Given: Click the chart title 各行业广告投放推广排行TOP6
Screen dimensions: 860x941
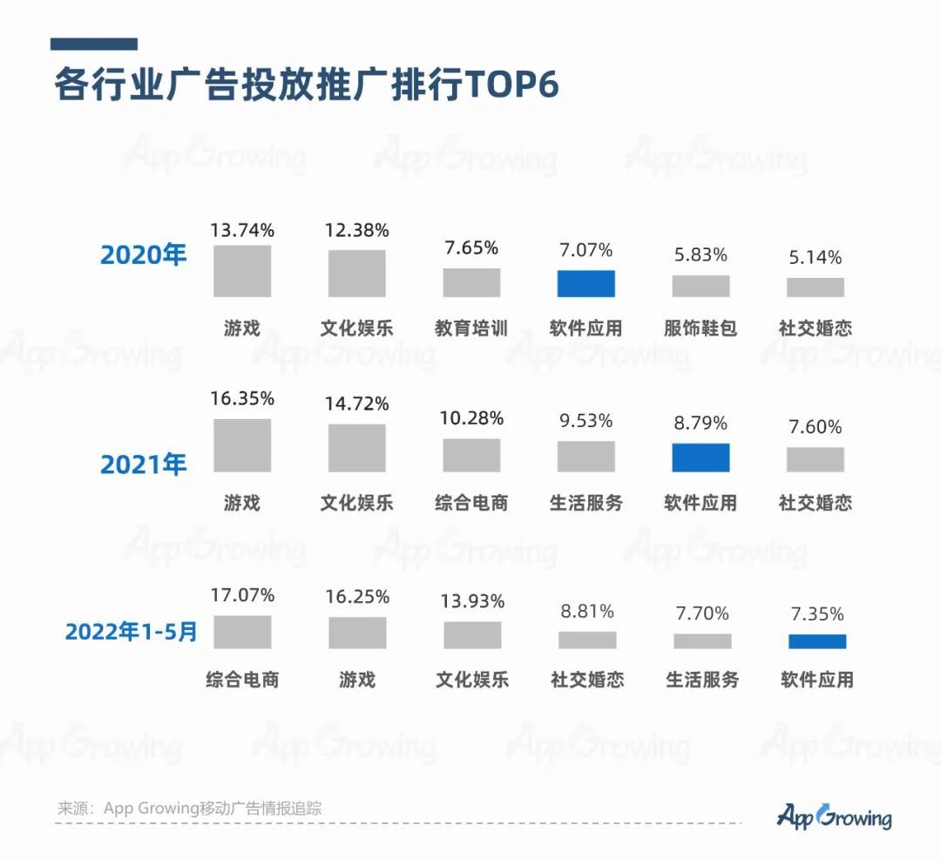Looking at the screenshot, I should point(306,85).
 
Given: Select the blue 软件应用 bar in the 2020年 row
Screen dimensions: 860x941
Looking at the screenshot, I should point(586,284).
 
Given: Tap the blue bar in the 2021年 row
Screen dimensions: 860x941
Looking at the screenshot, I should point(701,457).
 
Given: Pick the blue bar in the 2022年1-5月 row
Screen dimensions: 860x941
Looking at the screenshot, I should point(816,641).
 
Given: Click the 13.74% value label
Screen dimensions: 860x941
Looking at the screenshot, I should point(242,230).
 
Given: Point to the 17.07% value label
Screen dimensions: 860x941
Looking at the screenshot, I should point(242,595).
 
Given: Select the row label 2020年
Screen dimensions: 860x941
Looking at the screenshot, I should point(144,255).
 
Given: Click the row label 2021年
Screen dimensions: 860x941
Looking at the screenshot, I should point(144,464).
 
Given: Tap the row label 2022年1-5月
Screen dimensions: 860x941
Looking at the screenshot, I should point(131,632).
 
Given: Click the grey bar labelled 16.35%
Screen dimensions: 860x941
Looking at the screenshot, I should point(242,445).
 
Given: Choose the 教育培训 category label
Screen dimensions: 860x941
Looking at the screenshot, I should point(471,328).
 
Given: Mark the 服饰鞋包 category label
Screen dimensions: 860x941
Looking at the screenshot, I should point(701,328).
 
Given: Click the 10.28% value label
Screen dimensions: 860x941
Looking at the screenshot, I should point(471,418).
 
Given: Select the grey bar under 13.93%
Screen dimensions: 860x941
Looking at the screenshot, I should point(472,635).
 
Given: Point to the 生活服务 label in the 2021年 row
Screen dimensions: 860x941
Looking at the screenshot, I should point(586,503).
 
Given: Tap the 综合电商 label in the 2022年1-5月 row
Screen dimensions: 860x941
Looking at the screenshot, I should point(242,680).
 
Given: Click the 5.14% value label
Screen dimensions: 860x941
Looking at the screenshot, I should point(815,257).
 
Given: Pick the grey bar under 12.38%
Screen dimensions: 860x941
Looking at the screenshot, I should point(356,274).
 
